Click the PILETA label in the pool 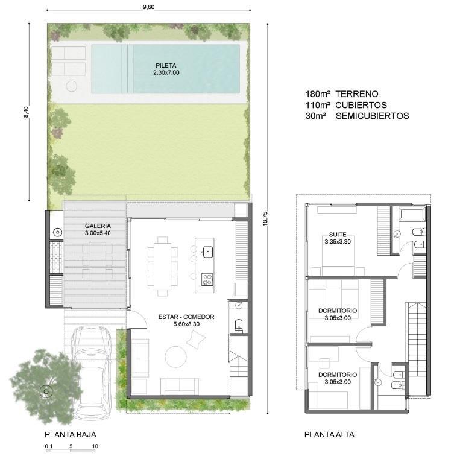coord(166,66)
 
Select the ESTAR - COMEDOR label coord(186,317)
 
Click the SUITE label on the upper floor coord(338,235)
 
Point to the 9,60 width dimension coord(149,7)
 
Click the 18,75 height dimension coord(265,219)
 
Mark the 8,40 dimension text coord(26,112)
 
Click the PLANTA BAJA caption coord(71,435)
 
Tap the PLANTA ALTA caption coord(329,435)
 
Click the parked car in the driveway coord(92,372)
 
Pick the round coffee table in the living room coord(175,357)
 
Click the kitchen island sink coord(208,252)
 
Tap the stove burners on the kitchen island coord(207,279)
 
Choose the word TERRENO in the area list coord(357,94)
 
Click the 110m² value coord(318,105)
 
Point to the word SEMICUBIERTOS coord(373,116)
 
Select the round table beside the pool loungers coord(71,86)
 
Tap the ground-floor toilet coord(239,325)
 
